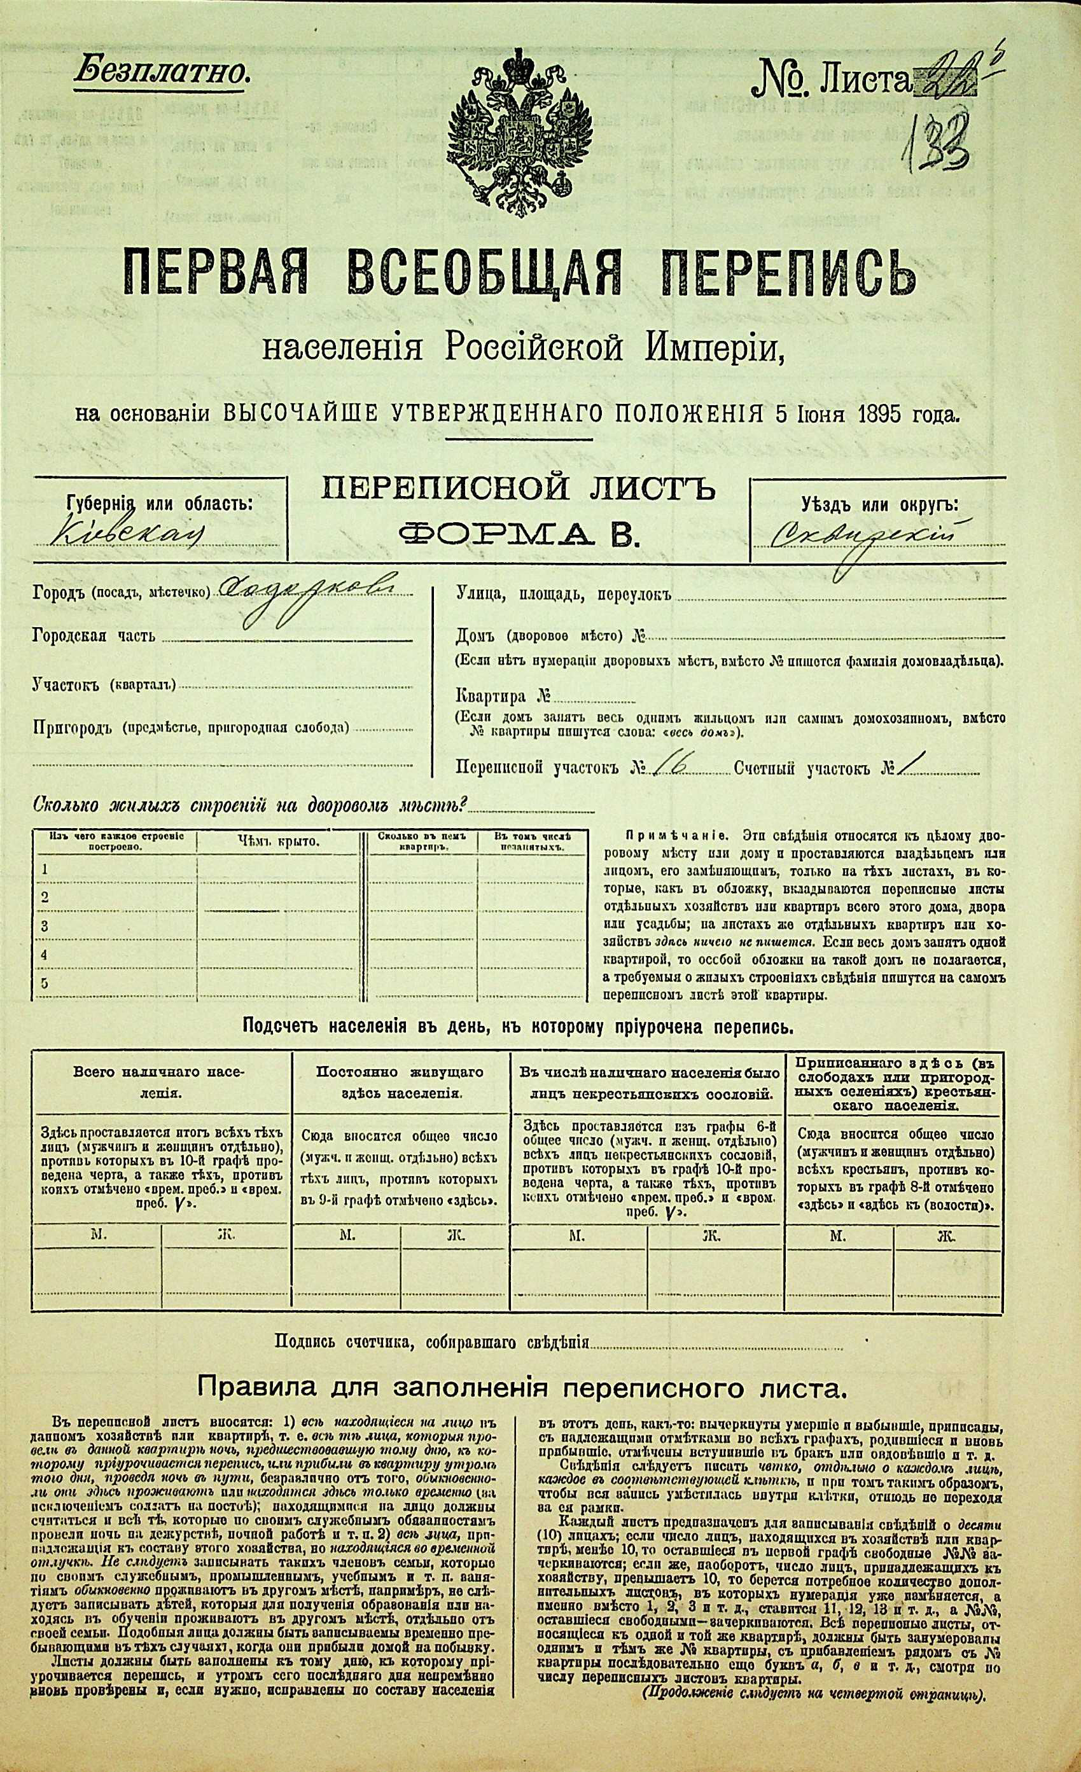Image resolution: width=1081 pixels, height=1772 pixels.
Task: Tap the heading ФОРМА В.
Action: (x=518, y=536)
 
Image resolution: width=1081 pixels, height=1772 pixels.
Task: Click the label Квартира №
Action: (x=503, y=696)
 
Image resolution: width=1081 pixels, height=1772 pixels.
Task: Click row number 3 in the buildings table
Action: (x=45, y=925)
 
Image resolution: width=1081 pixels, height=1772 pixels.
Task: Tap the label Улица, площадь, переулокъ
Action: (x=562, y=595)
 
